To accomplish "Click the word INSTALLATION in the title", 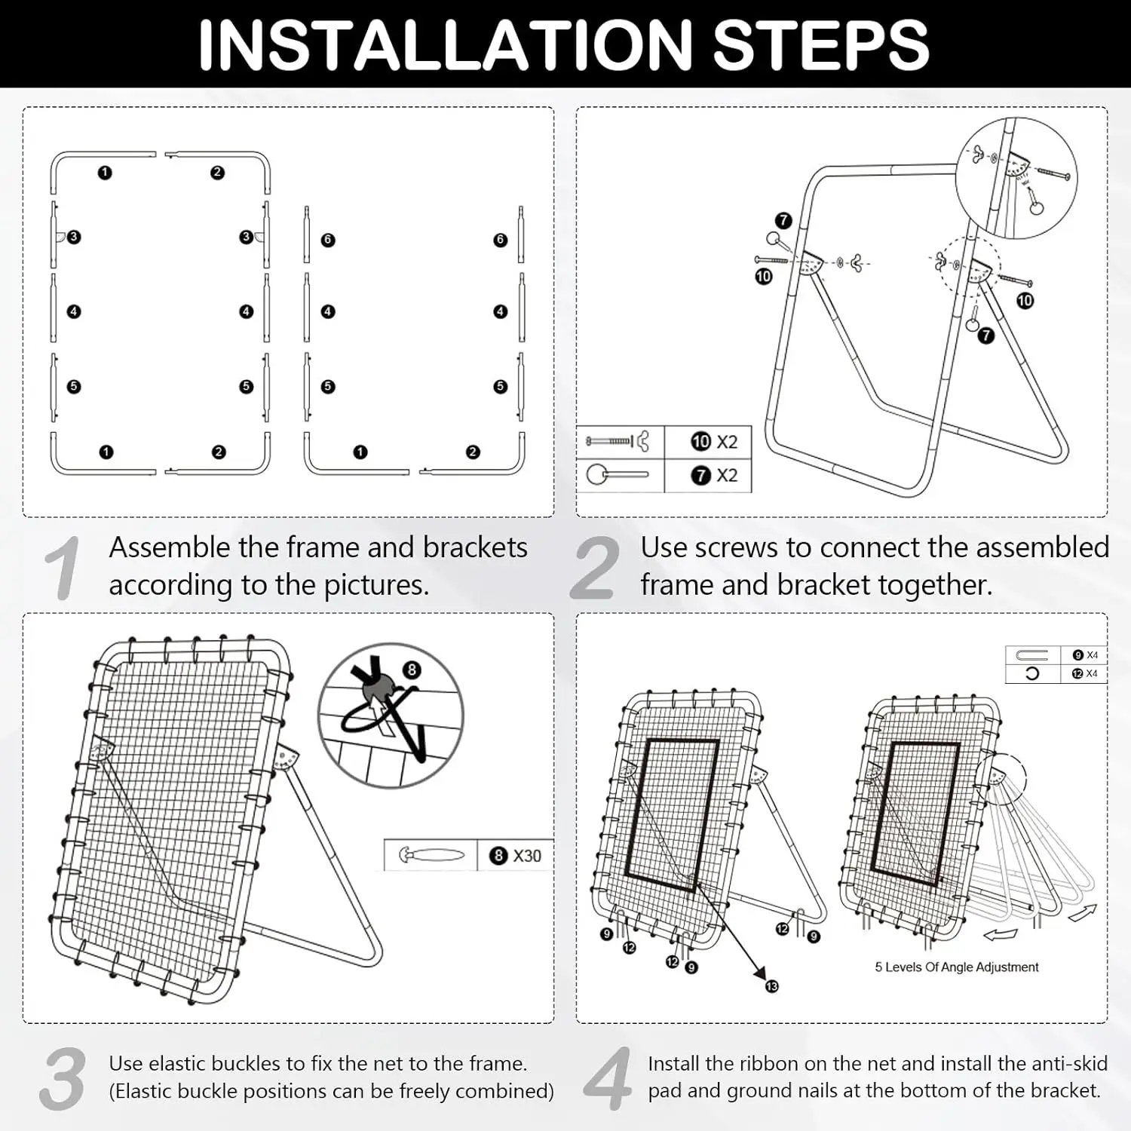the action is click(x=445, y=45).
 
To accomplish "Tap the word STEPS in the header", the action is click(x=820, y=45).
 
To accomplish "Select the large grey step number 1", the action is click(x=62, y=569).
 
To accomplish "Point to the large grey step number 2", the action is click(x=595, y=569).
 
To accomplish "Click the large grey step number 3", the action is click(x=62, y=1079).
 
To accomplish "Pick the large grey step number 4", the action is click(x=608, y=1079).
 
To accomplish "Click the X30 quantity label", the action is click(x=527, y=856).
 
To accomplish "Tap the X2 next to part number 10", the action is click(x=727, y=442).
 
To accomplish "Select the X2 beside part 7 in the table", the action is click(x=727, y=475).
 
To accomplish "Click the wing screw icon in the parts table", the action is click(x=618, y=441).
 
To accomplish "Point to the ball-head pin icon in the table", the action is click(x=617, y=475).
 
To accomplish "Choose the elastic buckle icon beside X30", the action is click(x=431, y=856).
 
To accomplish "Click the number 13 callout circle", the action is click(x=771, y=986).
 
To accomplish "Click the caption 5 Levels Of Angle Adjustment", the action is click(x=957, y=967).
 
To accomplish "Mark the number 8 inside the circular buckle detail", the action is click(x=412, y=670).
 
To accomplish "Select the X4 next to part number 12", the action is click(x=1092, y=673).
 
